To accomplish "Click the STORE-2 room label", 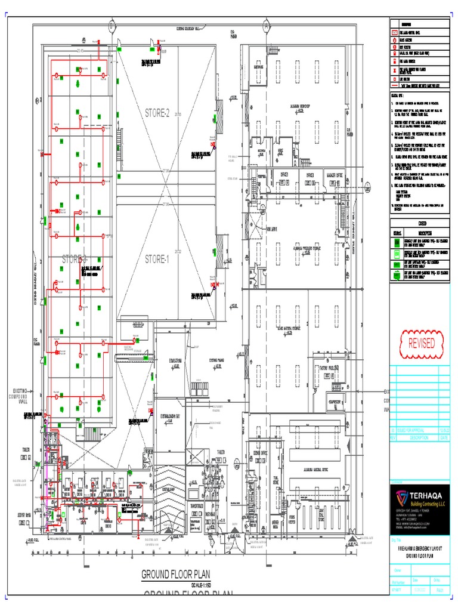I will pyautogui.click(x=157, y=113).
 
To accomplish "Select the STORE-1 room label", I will pyautogui.click(x=157, y=259).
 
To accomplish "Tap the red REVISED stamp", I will pyautogui.click(x=421, y=343).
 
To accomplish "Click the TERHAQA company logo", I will pyautogui.click(x=398, y=496).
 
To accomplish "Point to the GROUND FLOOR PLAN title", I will pyautogui.click(x=176, y=575).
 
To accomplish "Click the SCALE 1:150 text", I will pyautogui.click(x=201, y=585).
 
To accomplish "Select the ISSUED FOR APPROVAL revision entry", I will pyautogui.click(x=414, y=430).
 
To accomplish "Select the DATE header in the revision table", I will pyautogui.click(x=444, y=437).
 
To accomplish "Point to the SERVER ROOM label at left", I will pyautogui.click(x=25, y=514).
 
